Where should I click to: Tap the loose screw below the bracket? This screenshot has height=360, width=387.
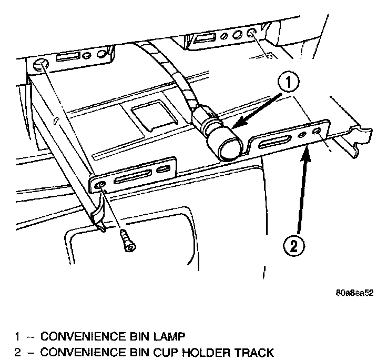[126, 241]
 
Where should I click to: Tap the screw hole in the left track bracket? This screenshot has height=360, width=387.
[100, 185]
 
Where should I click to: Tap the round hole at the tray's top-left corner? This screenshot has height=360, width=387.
[40, 66]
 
